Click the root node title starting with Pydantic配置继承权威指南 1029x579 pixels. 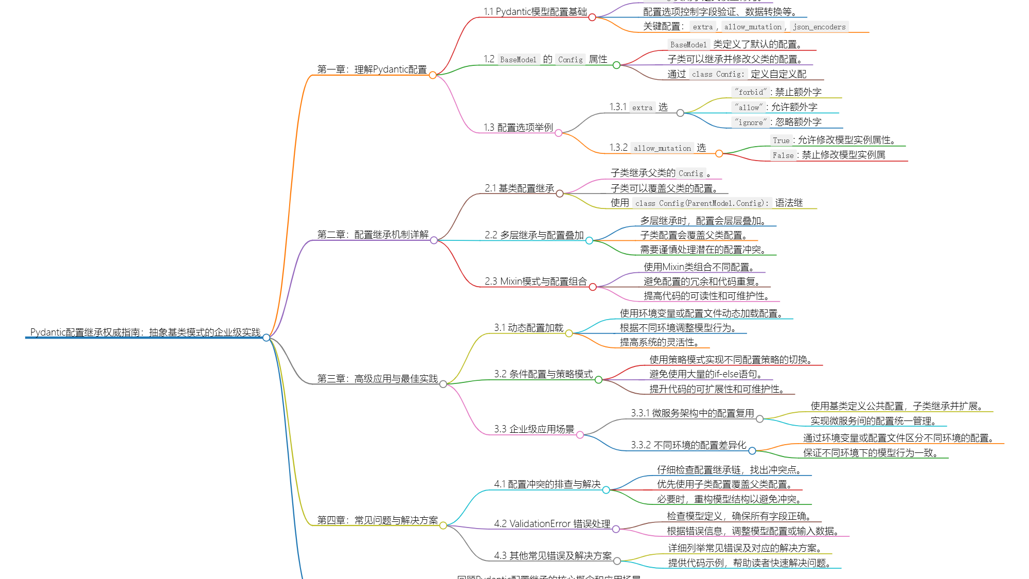tap(145, 332)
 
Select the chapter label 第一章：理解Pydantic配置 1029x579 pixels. tap(371, 69)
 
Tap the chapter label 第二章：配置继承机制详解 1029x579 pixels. tap(372, 235)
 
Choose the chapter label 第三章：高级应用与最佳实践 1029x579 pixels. tap(377, 379)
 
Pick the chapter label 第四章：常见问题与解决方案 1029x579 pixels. tap(377, 520)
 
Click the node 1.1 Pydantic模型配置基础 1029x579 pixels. tap(535, 12)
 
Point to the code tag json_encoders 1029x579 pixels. tap(819, 27)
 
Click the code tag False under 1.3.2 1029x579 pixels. tap(783, 155)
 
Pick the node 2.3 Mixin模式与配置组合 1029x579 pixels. tap(535, 282)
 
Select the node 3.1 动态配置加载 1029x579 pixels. tap(528, 328)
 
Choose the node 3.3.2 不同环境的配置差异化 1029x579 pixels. tap(688, 445)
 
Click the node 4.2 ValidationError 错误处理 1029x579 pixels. tap(552, 524)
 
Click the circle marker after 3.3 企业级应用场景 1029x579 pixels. tap(580, 435)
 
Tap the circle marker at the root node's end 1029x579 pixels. tap(266, 338)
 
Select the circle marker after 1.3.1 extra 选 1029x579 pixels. tap(680, 113)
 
